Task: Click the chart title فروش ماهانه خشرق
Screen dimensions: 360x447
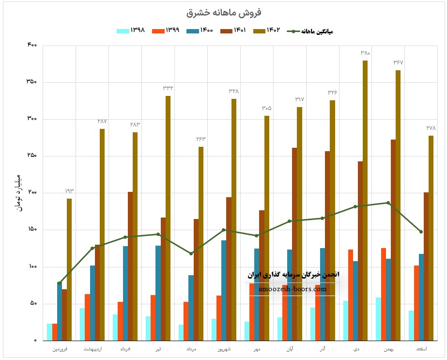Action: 223,12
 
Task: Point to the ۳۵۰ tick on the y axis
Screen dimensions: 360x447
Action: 31,82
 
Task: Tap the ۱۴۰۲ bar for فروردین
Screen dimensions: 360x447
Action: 69,269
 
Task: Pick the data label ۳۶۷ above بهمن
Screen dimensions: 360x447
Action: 398,63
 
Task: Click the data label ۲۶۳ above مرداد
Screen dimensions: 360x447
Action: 201,139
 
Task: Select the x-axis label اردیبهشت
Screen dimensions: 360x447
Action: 92,349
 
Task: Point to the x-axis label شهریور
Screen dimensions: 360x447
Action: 224,349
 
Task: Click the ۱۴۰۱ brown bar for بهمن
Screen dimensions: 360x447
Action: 393,240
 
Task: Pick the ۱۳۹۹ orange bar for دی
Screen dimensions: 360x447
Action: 350,295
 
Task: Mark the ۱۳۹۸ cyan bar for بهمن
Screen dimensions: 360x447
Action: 378,319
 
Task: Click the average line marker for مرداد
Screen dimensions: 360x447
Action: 191,253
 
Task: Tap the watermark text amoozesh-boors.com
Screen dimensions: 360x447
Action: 293,289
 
